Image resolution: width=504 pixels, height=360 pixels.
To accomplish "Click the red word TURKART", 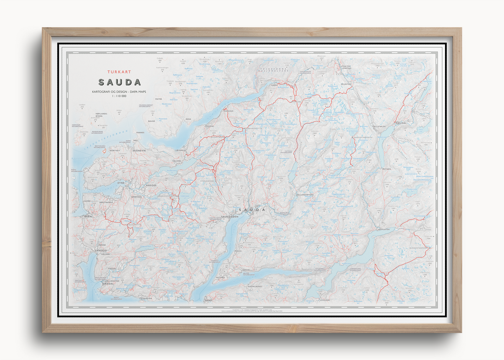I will pyautogui.click(x=119, y=72).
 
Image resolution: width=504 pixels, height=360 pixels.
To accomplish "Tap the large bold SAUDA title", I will pyautogui.click(x=120, y=83).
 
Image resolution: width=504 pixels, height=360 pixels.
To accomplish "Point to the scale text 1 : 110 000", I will pyautogui.click(x=119, y=96).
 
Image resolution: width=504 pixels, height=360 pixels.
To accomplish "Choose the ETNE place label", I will pyautogui.click(x=120, y=183).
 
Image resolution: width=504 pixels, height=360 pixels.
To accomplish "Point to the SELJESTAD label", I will pyautogui.click(x=346, y=84).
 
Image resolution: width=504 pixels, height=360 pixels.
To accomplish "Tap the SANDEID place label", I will pyautogui.click(x=101, y=250).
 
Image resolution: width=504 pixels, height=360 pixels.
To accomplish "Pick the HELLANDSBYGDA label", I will pyautogui.click(x=305, y=194).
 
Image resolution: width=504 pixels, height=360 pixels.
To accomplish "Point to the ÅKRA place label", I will pyautogui.click(x=188, y=119).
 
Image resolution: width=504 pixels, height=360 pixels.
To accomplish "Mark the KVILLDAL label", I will pyautogui.click(x=324, y=300).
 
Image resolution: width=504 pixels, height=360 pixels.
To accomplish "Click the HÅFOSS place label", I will pyautogui.click(x=150, y=185).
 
